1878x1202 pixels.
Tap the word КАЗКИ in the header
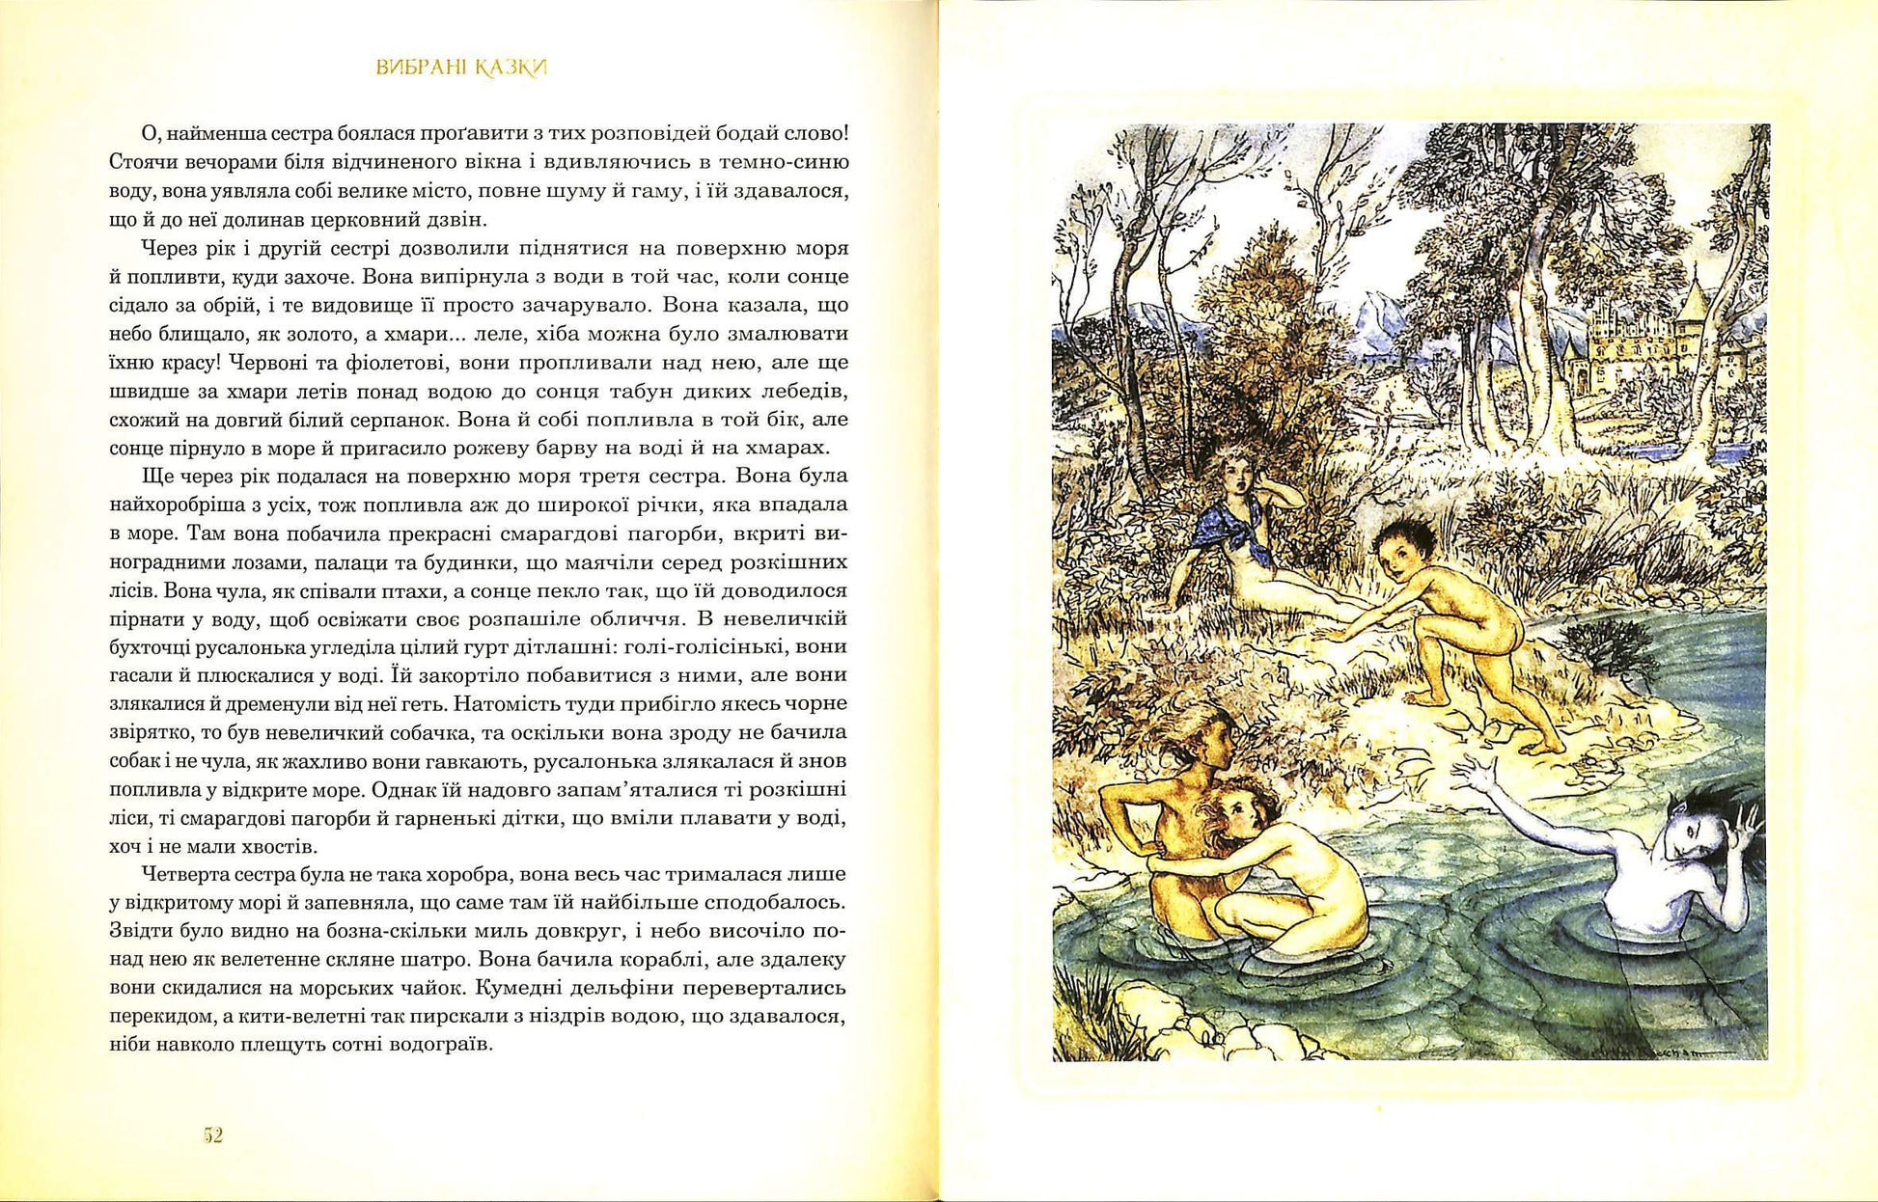pyautogui.click(x=512, y=68)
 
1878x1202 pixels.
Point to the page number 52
pyautogui.click(x=213, y=1134)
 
